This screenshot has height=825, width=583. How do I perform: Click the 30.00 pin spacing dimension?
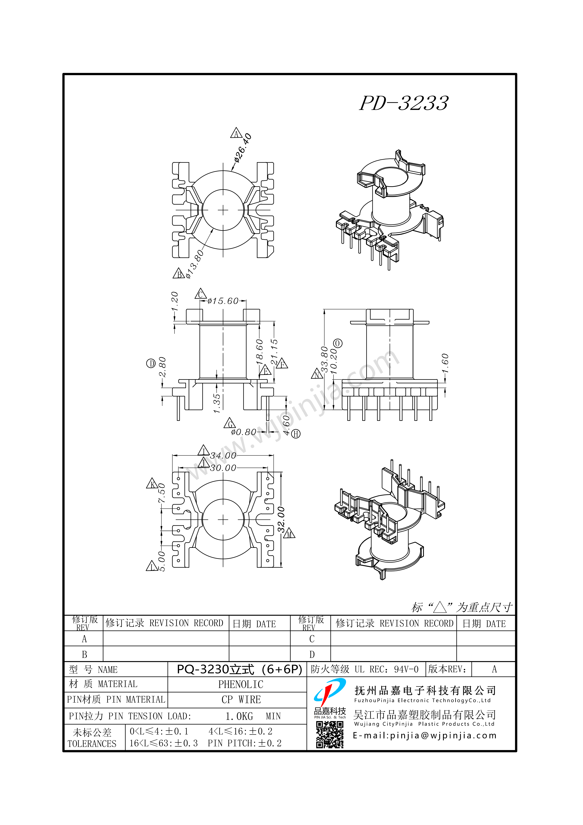(223, 468)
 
